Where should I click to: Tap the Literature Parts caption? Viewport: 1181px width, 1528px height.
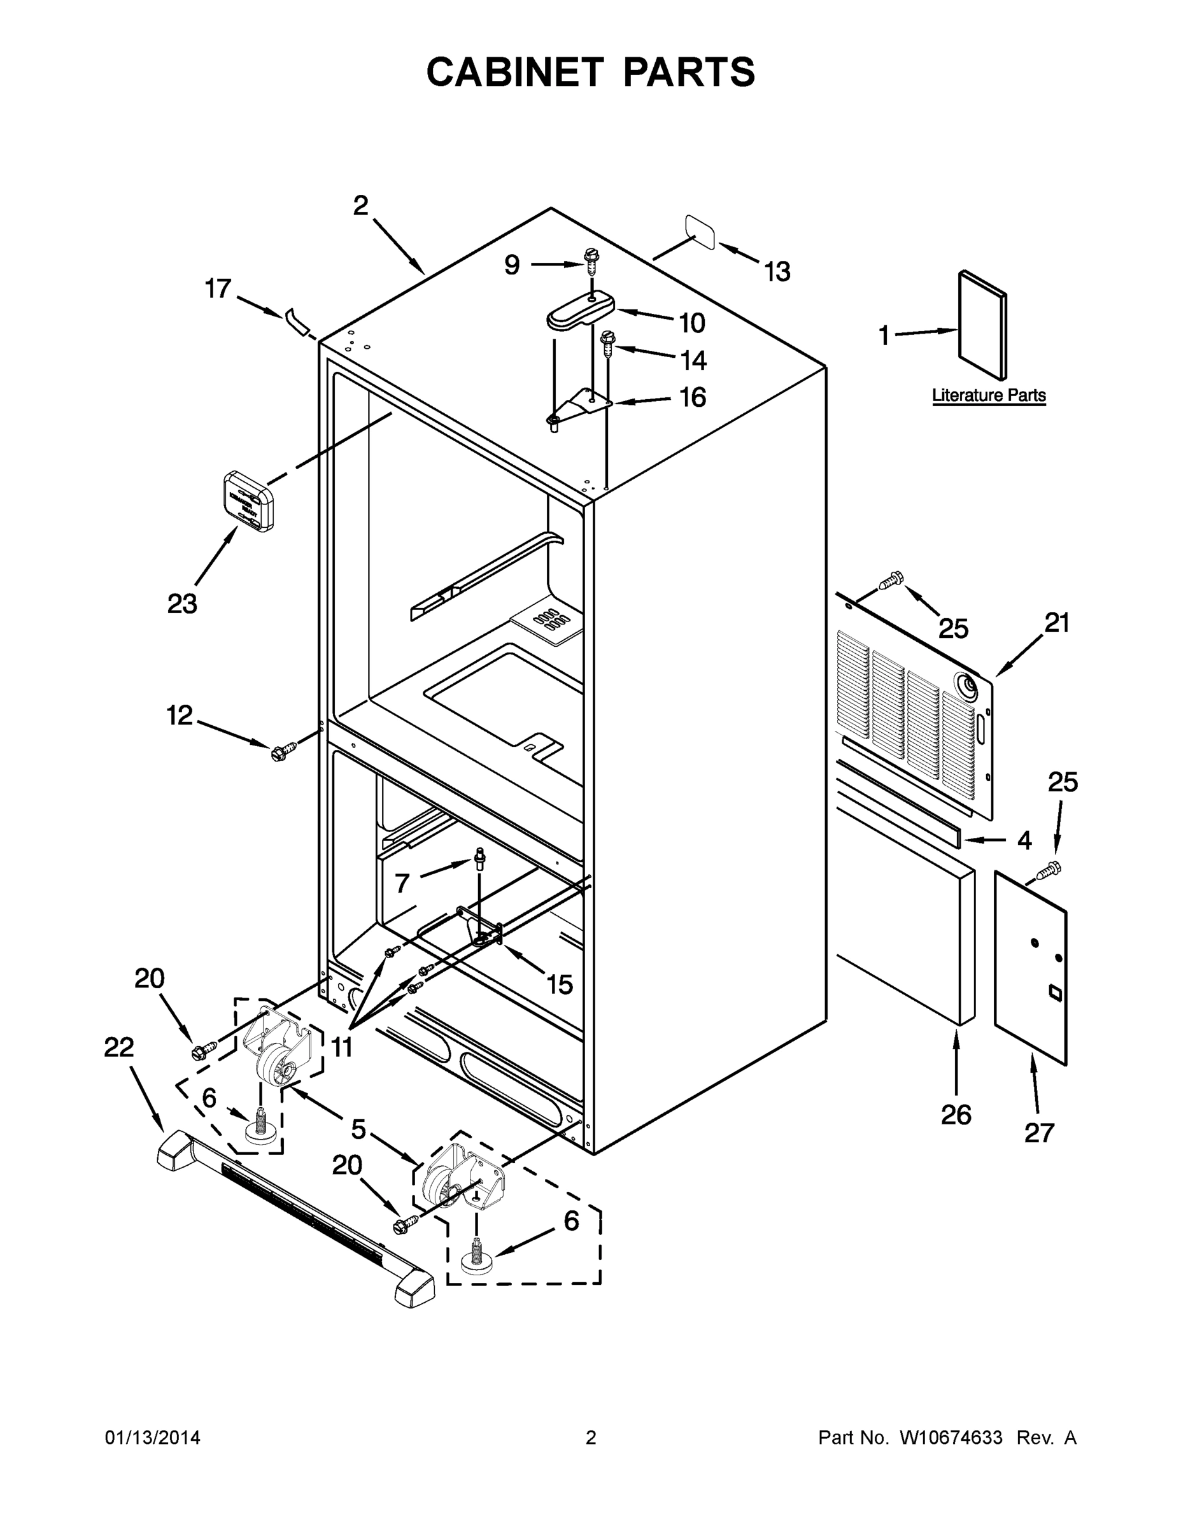(x=988, y=395)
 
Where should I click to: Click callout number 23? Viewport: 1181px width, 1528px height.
(x=182, y=604)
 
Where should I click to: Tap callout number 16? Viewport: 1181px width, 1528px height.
(x=693, y=397)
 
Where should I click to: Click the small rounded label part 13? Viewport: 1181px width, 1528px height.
(x=699, y=232)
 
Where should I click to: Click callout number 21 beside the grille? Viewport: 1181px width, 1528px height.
(x=1056, y=622)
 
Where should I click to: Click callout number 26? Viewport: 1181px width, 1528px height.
(x=956, y=1115)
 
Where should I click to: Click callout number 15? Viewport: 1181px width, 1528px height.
(x=559, y=984)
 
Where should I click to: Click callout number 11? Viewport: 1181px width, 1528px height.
(x=341, y=1047)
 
